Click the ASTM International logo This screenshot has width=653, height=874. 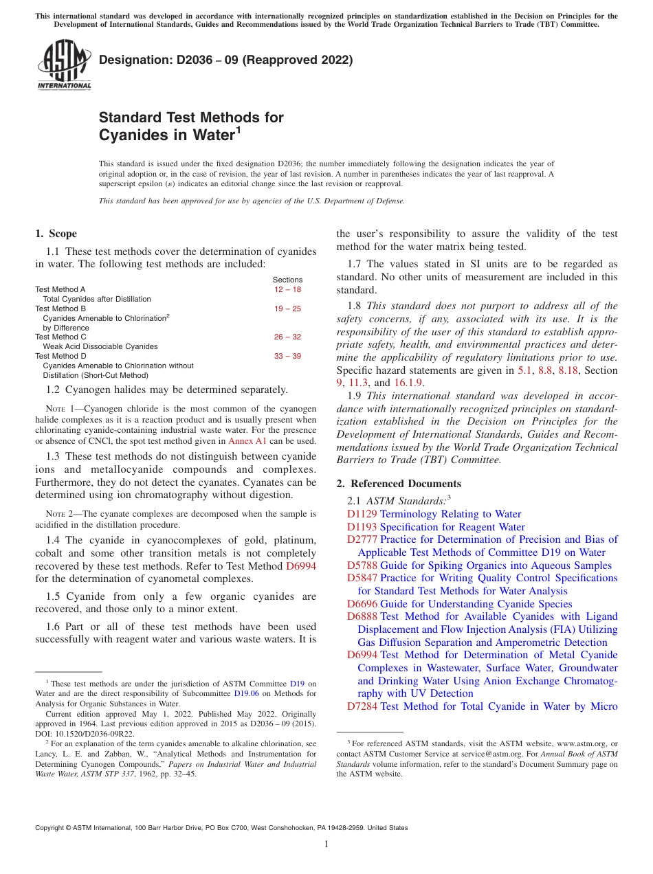point(63,65)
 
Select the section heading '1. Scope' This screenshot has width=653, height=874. point(56,234)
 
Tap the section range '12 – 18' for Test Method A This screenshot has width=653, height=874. point(287,290)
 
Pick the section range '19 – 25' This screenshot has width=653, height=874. point(287,309)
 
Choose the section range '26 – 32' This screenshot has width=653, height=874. point(287,337)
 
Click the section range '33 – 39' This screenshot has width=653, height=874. point(287,357)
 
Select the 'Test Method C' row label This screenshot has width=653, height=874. point(60,337)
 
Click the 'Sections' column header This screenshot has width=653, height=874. point(287,280)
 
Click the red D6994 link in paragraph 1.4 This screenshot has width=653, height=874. point(301,566)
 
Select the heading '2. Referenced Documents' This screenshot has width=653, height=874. point(399,484)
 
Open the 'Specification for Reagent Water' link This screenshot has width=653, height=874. point(452,527)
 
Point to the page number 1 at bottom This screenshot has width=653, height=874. point(326,845)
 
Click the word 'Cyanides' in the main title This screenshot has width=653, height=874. point(131,135)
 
